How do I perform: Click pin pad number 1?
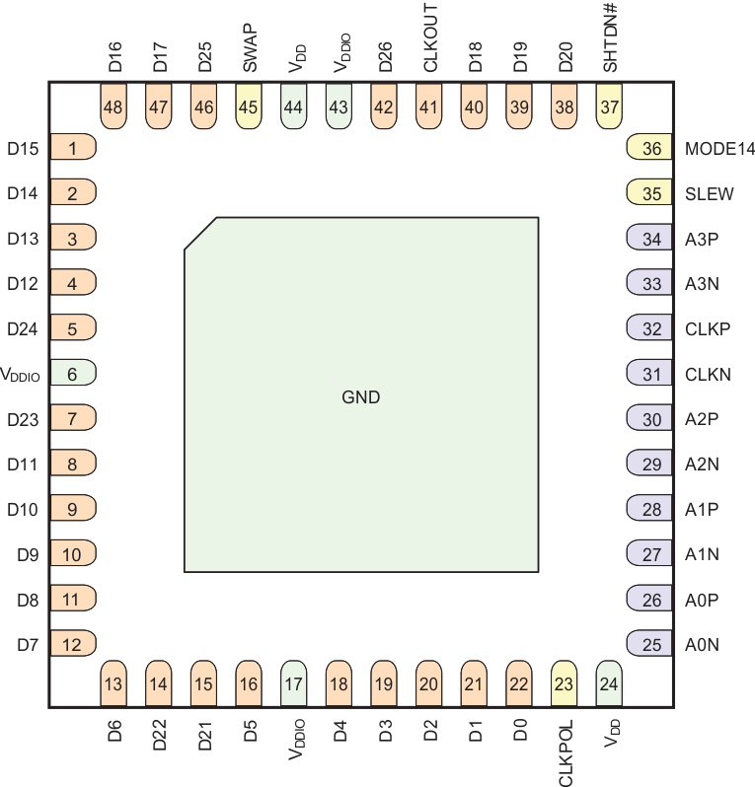(x=72, y=149)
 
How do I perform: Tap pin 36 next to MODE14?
(x=651, y=149)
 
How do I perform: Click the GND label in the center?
(x=360, y=397)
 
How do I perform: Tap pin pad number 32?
(x=651, y=329)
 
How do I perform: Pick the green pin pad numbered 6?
(x=72, y=374)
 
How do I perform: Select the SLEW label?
(x=709, y=194)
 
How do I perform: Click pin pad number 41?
(x=428, y=107)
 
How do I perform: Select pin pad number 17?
(x=294, y=683)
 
